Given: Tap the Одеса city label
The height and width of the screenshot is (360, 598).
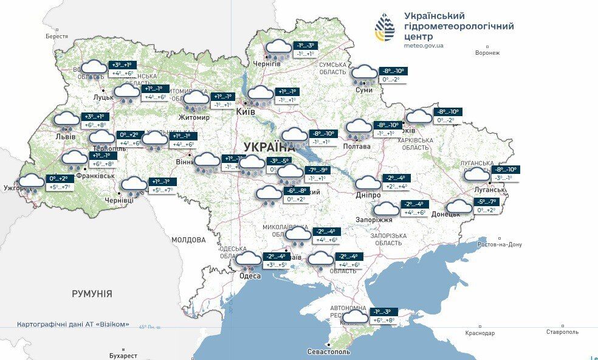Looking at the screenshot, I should [x=250, y=276].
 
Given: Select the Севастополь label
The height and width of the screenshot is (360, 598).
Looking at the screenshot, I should [x=329, y=351].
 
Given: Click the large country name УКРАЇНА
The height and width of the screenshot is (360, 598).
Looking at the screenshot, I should [x=268, y=147].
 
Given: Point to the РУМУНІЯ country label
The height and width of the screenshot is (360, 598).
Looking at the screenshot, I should [x=92, y=294].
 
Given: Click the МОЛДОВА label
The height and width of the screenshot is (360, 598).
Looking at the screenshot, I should [x=188, y=240].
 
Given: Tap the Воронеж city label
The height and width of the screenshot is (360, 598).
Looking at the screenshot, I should [x=487, y=53].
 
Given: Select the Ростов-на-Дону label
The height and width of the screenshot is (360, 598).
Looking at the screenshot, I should [x=500, y=244].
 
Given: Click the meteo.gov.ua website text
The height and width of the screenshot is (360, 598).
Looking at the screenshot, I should [x=424, y=46].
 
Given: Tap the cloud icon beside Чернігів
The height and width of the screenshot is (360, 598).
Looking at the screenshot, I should [x=278, y=48].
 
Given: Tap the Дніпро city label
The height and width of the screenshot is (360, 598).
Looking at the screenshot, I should [x=368, y=195].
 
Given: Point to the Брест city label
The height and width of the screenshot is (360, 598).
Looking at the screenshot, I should [x=57, y=36].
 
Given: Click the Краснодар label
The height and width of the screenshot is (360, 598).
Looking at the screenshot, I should [x=480, y=333].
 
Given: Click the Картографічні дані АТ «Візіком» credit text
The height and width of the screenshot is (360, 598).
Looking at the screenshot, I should [x=73, y=324].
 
